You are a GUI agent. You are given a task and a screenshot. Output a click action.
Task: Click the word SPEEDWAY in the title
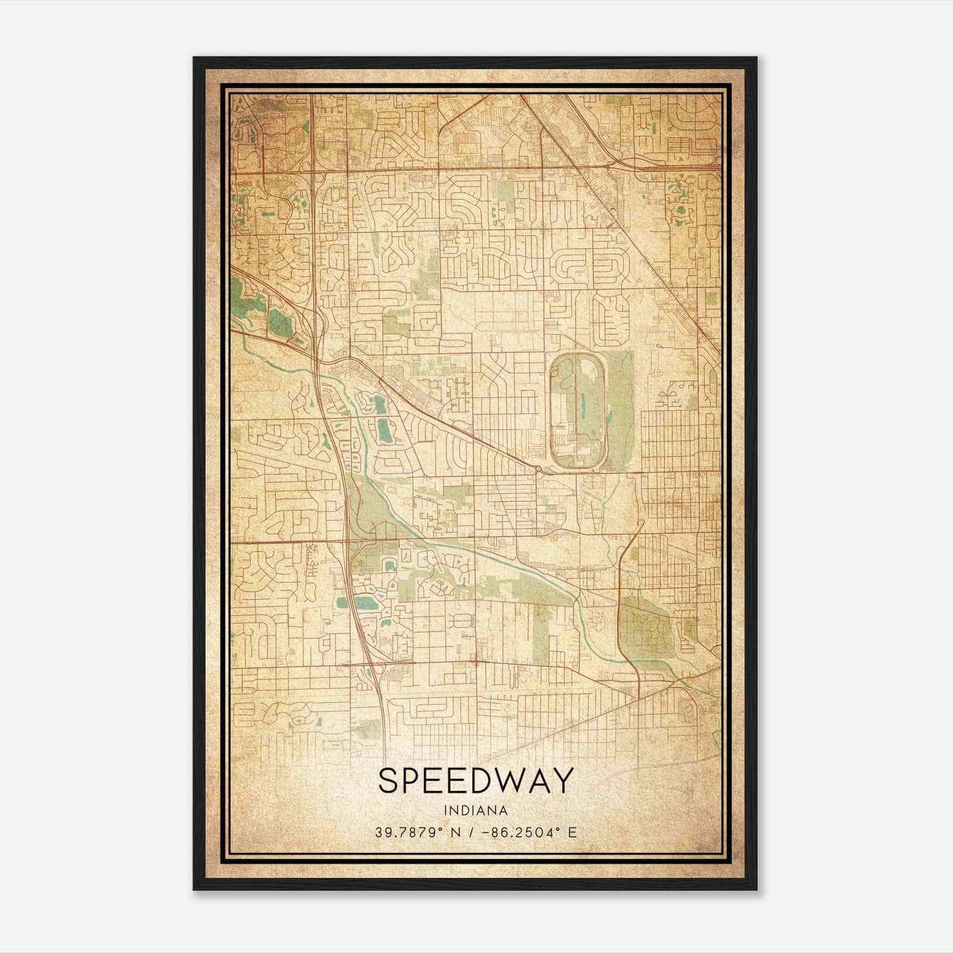475,781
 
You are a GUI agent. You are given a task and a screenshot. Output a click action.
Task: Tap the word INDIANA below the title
475,811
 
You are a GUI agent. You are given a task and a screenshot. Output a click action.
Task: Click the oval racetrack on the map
578,411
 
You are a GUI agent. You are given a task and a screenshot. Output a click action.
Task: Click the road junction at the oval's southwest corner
538,470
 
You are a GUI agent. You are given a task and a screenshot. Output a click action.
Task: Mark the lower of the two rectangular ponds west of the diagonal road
384,431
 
